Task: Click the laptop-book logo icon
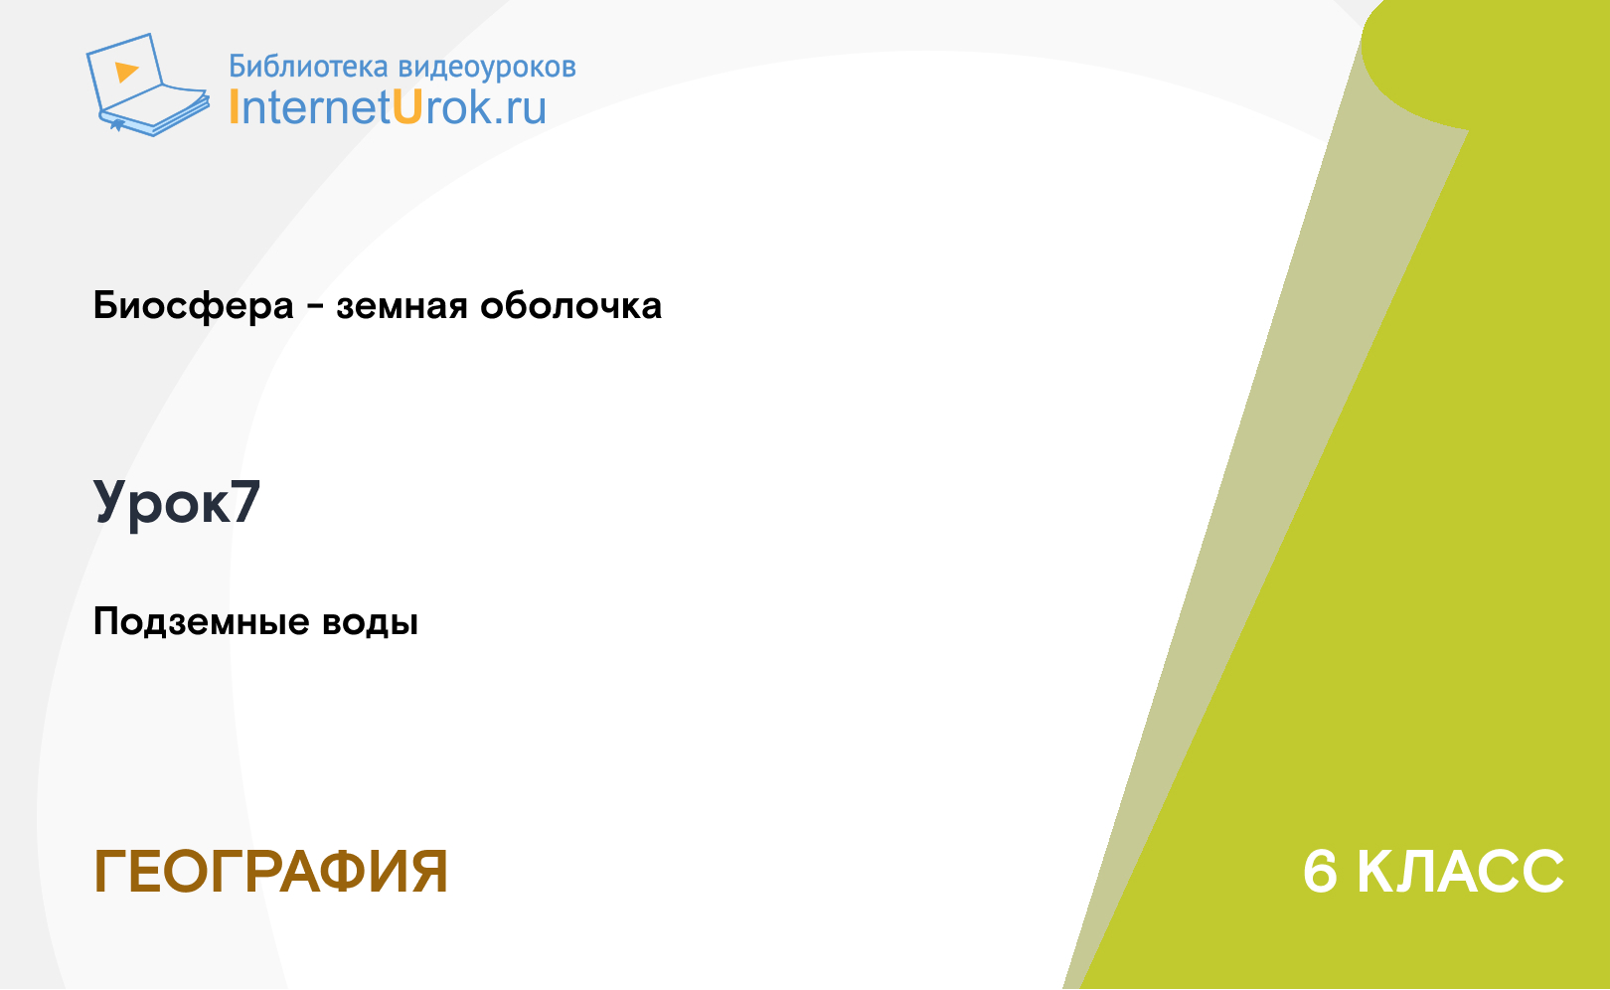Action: [148, 84]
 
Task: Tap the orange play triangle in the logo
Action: [126, 72]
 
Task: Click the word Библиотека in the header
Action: [308, 67]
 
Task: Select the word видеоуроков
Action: [487, 68]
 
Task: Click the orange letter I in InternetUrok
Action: [234, 107]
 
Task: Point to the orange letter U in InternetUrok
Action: [407, 107]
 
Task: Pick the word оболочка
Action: [570, 305]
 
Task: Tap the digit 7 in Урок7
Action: [245, 502]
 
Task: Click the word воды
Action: [370, 622]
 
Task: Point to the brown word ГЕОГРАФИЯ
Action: [270, 872]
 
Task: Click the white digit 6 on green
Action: [1320, 872]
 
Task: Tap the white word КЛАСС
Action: [1460, 872]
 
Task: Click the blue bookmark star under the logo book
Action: [117, 125]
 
